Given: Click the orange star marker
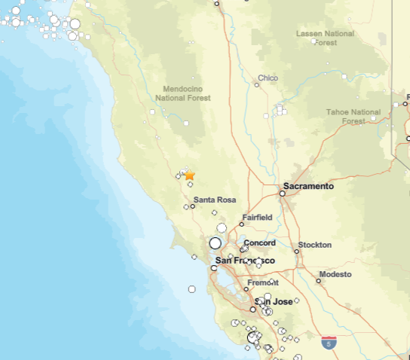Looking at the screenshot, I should [190, 175].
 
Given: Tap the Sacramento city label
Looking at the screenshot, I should [308, 185].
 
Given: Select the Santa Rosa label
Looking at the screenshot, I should [215, 200].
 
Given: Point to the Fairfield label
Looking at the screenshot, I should [257, 218].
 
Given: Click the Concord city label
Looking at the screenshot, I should [259, 243].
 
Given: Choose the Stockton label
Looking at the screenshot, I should [314, 245].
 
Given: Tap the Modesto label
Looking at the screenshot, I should [335, 274].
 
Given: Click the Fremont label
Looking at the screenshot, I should [263, 282].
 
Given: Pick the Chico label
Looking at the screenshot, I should [268, 78].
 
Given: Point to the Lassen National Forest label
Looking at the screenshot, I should [325, 38].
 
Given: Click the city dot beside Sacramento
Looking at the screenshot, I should [283, 194].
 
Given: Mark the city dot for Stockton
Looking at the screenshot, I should [297, 252].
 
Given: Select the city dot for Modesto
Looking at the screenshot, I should [318, 280].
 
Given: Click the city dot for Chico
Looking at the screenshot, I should [257, 84].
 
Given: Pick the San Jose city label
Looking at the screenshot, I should [276, 301].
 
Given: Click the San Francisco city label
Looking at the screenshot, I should [245, 261].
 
